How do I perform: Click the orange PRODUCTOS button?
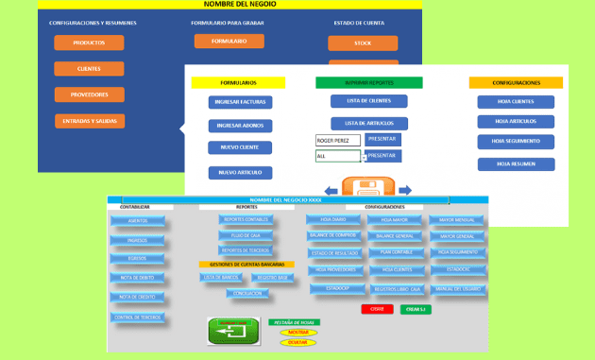point(89,43)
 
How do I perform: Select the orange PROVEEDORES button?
point(89,94)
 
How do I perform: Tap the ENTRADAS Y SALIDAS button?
point(89,121)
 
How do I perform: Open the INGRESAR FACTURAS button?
point(240,102)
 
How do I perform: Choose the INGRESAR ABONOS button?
point(240,126)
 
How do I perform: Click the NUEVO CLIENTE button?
point(240,148)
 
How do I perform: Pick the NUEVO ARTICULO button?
point(240,173)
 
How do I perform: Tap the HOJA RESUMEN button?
point(516,163)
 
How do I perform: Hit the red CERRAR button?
point(377,309)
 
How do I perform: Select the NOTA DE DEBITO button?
point(138,278)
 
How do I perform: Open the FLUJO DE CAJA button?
point(245,235)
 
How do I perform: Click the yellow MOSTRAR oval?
point(298,333)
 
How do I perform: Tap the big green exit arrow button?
point(232,332)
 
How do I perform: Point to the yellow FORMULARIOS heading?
point(238,83)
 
